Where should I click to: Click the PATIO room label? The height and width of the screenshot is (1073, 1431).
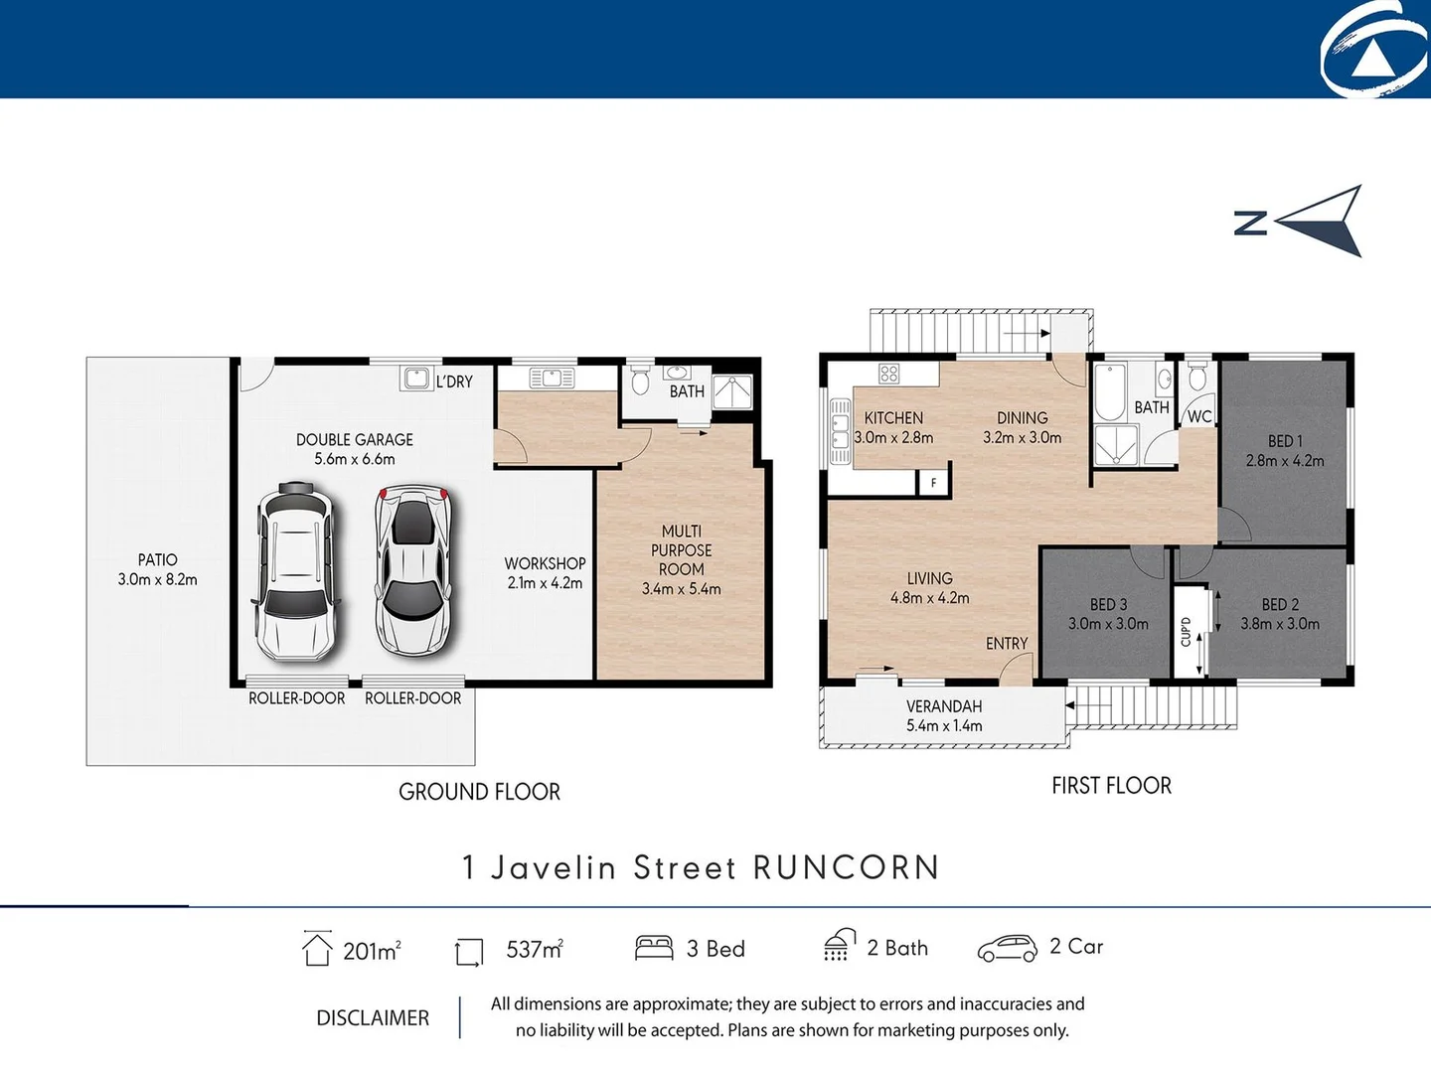tap(157, 560)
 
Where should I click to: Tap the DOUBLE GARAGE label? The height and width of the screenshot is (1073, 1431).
tap(354, 440)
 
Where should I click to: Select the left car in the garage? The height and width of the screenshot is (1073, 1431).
tap(295, 571)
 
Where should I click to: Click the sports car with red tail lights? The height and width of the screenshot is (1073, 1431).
tap(412, 571)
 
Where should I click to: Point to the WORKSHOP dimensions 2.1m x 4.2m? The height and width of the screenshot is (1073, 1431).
tap(545, 583)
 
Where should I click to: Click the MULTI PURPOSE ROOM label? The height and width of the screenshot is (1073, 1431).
tap(682, 550)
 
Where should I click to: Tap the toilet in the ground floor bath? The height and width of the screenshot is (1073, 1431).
tap(641, 381)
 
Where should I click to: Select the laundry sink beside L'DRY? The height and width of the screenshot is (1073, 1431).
tap(416, 379)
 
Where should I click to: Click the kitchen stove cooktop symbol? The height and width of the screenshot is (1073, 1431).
tap(888, 374)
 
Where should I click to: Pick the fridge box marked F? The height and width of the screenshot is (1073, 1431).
tap(933, 483)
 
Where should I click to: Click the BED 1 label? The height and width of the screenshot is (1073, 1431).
tap(1284, 441)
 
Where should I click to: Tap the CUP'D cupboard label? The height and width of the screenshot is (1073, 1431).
tap(1186, 632)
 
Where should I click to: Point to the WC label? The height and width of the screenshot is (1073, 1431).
tap(1199, 417)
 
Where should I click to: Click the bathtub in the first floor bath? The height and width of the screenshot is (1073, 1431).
tap(1108, 394)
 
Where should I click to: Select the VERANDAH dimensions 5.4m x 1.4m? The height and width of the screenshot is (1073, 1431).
tap(944, 726)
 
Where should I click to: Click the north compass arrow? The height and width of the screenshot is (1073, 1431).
tap(1322, 221)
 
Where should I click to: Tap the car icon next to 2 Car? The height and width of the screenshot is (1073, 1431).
tap(1007, 949)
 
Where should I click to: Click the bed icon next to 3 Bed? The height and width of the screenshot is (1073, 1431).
tap(654, 948)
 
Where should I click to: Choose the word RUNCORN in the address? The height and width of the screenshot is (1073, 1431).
tap(846, 867)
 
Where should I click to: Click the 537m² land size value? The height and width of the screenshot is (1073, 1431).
tap(535, 950)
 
